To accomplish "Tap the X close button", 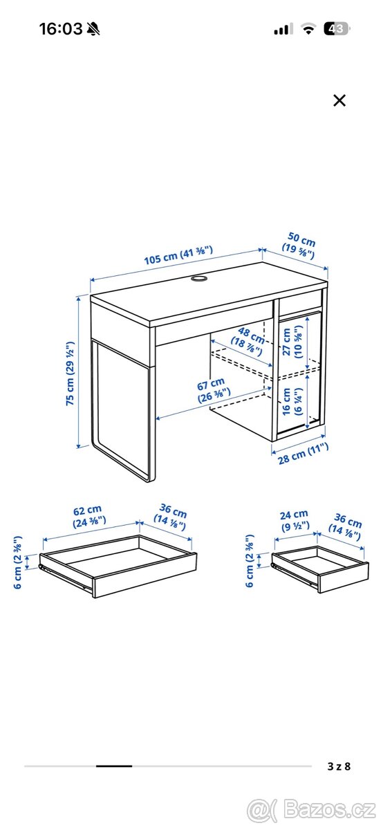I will point(339,100).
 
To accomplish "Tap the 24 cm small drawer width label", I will point(294,519).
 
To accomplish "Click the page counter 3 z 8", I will point(339,766).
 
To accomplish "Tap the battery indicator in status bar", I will point(338,29).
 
